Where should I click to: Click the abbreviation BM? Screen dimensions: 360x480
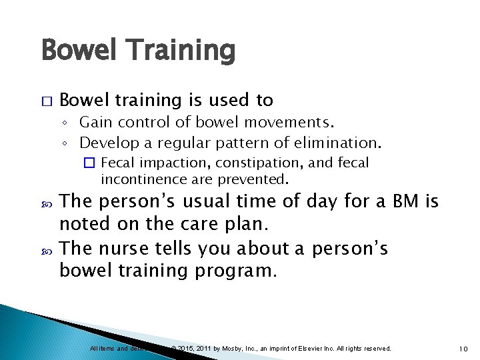tap(400, 201)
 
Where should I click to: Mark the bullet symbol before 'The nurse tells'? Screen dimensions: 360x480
tap(45, 248)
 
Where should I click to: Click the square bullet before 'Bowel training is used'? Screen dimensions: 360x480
tap(45, 101)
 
